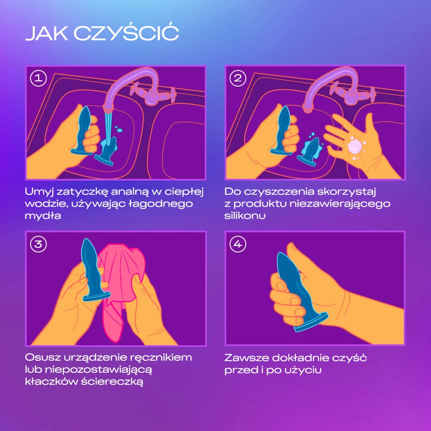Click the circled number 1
[38, 78]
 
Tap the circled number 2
[238, 78]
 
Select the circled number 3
[38, 244]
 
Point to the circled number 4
[238, 244]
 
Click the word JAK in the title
[47, 34]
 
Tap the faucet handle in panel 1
[153, 95]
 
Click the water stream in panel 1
[108, 128]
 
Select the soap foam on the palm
[355, 146]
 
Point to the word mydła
[43, 215]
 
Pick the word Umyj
[39, 192]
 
